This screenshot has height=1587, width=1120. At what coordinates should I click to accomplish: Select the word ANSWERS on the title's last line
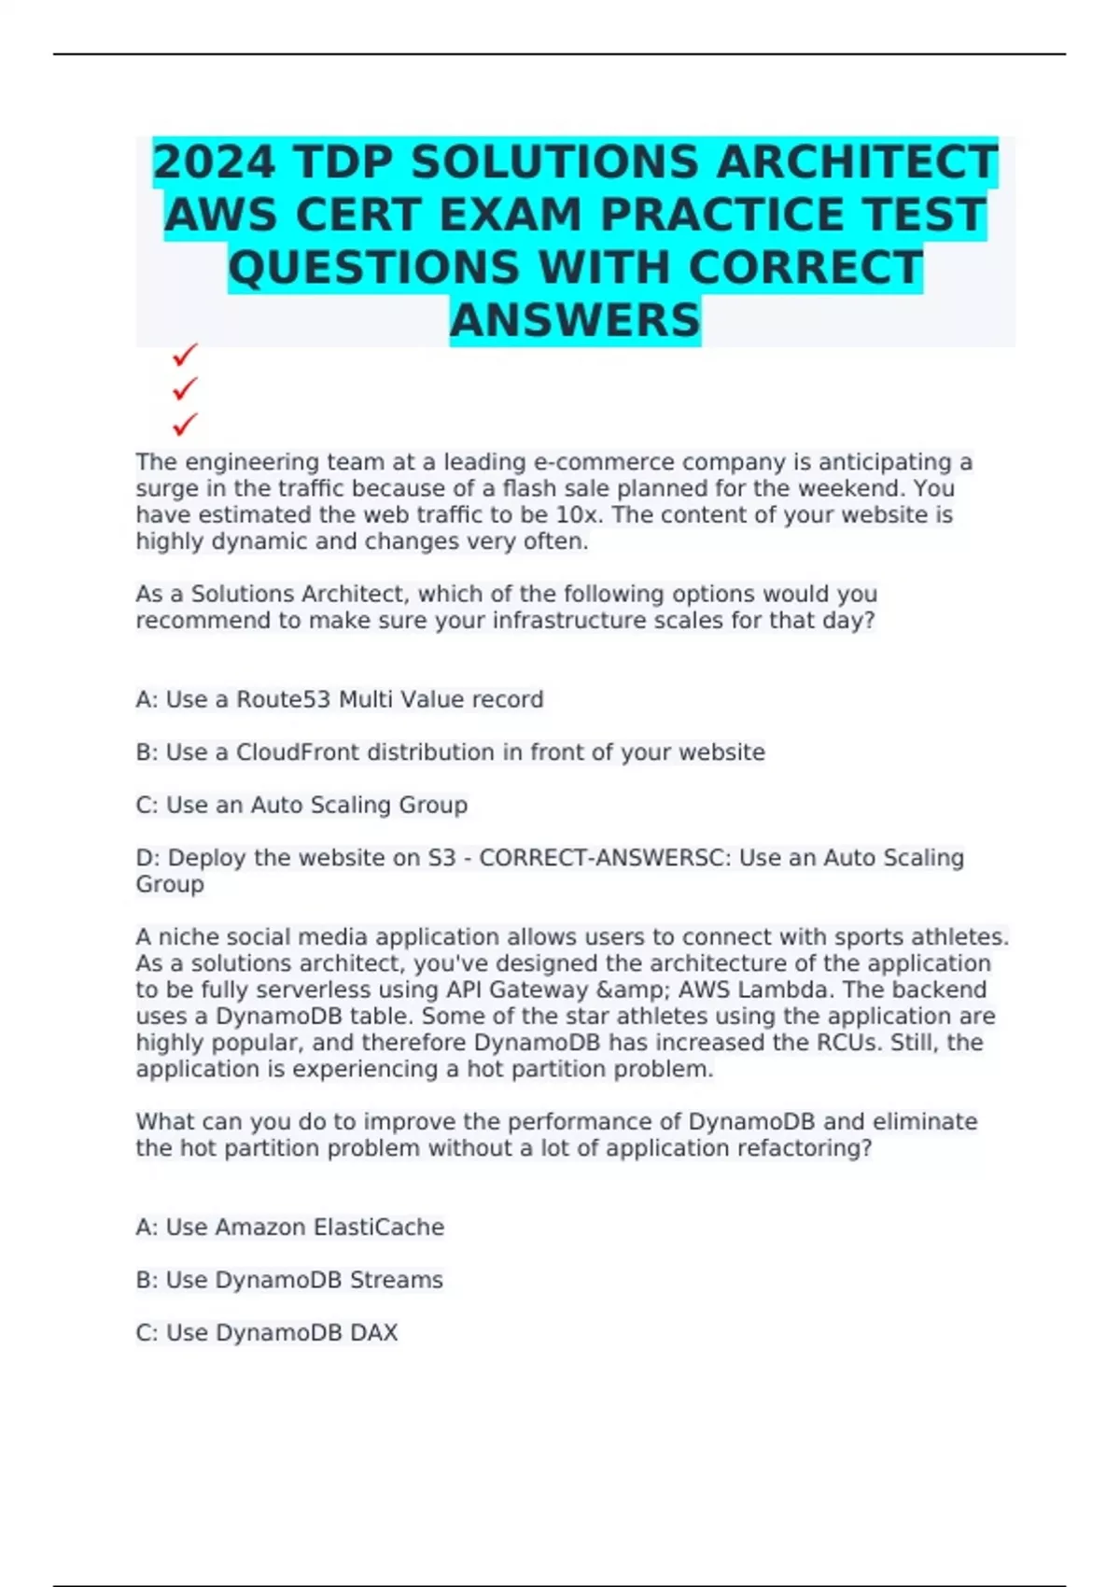pos(575,320)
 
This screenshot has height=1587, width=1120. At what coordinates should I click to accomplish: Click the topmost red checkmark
pos(185,355)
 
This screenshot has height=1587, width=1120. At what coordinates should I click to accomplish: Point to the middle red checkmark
pos(185,387)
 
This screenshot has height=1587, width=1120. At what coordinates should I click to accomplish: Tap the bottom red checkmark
pos(185,424)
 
